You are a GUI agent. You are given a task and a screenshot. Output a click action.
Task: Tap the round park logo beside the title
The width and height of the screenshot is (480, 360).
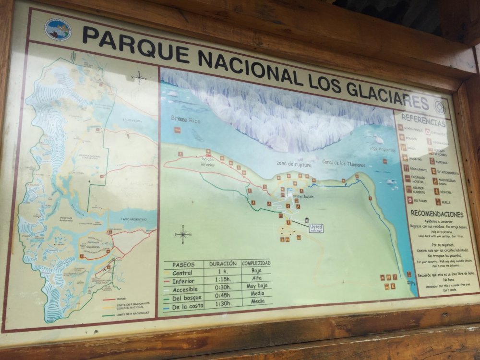pyautogui.click(x=58, y=29)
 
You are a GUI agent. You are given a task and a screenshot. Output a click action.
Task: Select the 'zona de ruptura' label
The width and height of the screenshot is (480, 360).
pyautogui.click(x=294, y=164)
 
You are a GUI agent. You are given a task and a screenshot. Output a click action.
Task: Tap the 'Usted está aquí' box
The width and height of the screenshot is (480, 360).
pyautogui.click(x=316, y=228)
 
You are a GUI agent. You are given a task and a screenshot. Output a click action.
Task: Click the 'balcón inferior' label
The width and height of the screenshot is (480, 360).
pyautogui.click(x=207, y=161)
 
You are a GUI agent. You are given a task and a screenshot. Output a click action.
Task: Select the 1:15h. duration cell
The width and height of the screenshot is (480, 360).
pyautogui.click(x=222, y=281)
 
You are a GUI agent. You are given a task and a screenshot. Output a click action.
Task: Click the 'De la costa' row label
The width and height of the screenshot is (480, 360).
pyautogui.click(x=188, y=306)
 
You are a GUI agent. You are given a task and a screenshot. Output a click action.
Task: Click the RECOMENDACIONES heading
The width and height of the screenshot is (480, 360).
pyautogui.click(x=436, y=214)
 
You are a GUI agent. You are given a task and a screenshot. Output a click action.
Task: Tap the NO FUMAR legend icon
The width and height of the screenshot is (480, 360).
pyautogui.click(x=410, y=200)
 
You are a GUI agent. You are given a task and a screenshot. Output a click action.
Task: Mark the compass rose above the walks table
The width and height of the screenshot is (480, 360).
pyautogui.click(x=183, y=235)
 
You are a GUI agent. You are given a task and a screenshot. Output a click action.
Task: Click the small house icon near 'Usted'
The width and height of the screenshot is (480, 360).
pyautogui.click(x=306, y=221)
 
